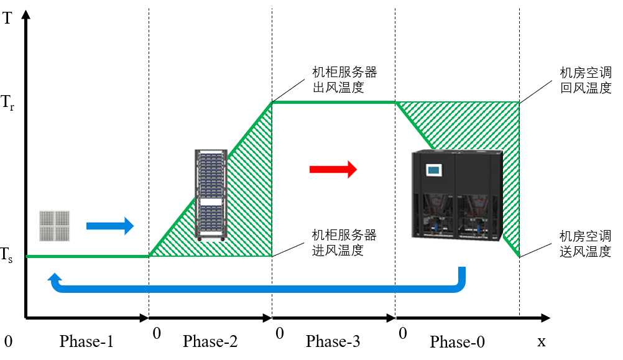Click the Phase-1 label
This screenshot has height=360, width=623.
86,341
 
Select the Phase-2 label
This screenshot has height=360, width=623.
210,341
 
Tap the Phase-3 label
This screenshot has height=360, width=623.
333,341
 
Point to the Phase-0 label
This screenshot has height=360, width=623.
457,342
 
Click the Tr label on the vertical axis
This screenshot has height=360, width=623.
8,103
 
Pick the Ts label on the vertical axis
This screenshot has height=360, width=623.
7,255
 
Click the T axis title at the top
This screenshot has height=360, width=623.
7,18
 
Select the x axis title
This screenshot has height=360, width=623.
541,341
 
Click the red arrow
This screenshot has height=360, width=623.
333,169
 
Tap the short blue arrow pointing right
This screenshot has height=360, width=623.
110,226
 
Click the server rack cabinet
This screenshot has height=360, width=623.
211,195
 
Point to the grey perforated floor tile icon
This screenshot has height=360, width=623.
55,226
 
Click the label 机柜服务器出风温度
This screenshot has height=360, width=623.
344,78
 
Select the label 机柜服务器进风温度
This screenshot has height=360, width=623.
344,242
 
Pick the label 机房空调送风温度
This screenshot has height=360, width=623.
585,244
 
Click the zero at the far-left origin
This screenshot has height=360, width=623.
8,341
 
